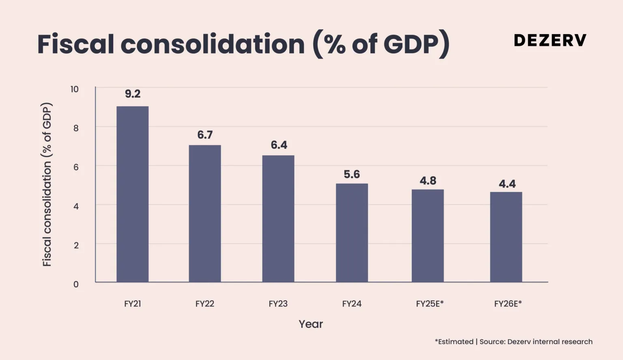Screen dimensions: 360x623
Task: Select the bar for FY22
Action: pos(205,213)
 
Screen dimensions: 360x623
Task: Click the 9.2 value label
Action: pos(133,94)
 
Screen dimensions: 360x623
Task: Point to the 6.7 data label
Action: pos(205,135)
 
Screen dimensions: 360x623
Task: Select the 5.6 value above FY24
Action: pos(352,175)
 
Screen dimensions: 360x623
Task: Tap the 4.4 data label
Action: pos(507,184)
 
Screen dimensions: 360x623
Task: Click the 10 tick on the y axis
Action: pos(75,89)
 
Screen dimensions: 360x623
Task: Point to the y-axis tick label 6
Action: pos(76,167)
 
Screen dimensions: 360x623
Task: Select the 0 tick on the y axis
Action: pos(76,284)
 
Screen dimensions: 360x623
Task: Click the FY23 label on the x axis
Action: pos(278,304)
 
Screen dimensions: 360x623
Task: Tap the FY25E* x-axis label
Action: pos(430,304)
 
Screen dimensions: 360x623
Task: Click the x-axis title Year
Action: pos(311,324)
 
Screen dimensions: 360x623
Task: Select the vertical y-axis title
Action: pos(47,185)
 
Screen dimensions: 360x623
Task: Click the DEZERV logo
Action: pos(550,40)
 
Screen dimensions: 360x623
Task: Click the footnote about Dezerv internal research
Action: pos(513,342)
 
